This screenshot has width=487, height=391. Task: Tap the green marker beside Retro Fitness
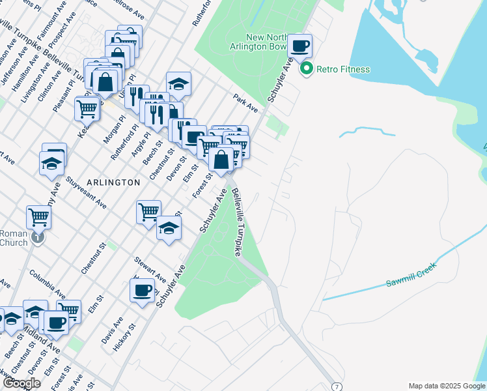tap(305, 68)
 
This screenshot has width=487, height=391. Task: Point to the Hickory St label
tap(124, 338)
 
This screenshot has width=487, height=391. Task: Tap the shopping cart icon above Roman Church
tap(38, 218)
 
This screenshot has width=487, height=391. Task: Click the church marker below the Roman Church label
tap(38, 239)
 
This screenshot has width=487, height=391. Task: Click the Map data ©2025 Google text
tap(447, 386)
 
